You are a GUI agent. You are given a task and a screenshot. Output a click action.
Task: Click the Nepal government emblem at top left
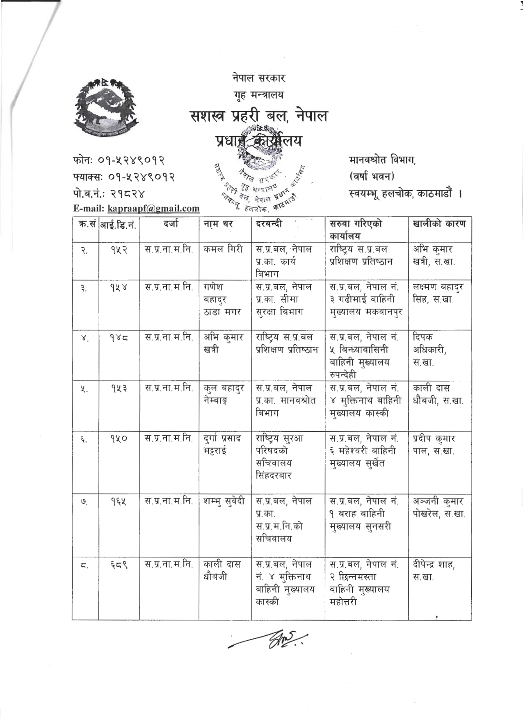click(104, 107)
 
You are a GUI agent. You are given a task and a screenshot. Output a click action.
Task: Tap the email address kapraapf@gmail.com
click(153, 209)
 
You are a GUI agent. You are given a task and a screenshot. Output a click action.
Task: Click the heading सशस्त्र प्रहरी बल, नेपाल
click(259, 116)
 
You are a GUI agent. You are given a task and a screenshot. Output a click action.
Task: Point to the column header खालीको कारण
click(439, 224)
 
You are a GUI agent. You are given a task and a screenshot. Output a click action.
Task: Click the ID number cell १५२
click(119, 250)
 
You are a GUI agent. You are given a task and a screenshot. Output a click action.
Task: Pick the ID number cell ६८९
click(119, 565)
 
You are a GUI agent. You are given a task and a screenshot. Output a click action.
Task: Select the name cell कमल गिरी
click(223, 250)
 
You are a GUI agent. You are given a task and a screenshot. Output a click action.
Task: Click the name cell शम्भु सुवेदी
click(224, 501)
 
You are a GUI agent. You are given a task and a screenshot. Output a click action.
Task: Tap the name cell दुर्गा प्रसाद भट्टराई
click(223, 445)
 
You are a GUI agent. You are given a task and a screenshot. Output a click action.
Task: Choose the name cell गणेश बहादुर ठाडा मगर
click(222, 300)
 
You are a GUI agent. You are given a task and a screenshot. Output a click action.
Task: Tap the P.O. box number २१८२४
click(127, 193)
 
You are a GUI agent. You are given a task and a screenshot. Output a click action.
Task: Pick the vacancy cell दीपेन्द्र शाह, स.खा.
click(434, 571)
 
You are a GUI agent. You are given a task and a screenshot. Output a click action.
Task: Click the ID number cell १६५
click(119, 501)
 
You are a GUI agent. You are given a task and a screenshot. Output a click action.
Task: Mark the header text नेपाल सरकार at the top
click(258, 78)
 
